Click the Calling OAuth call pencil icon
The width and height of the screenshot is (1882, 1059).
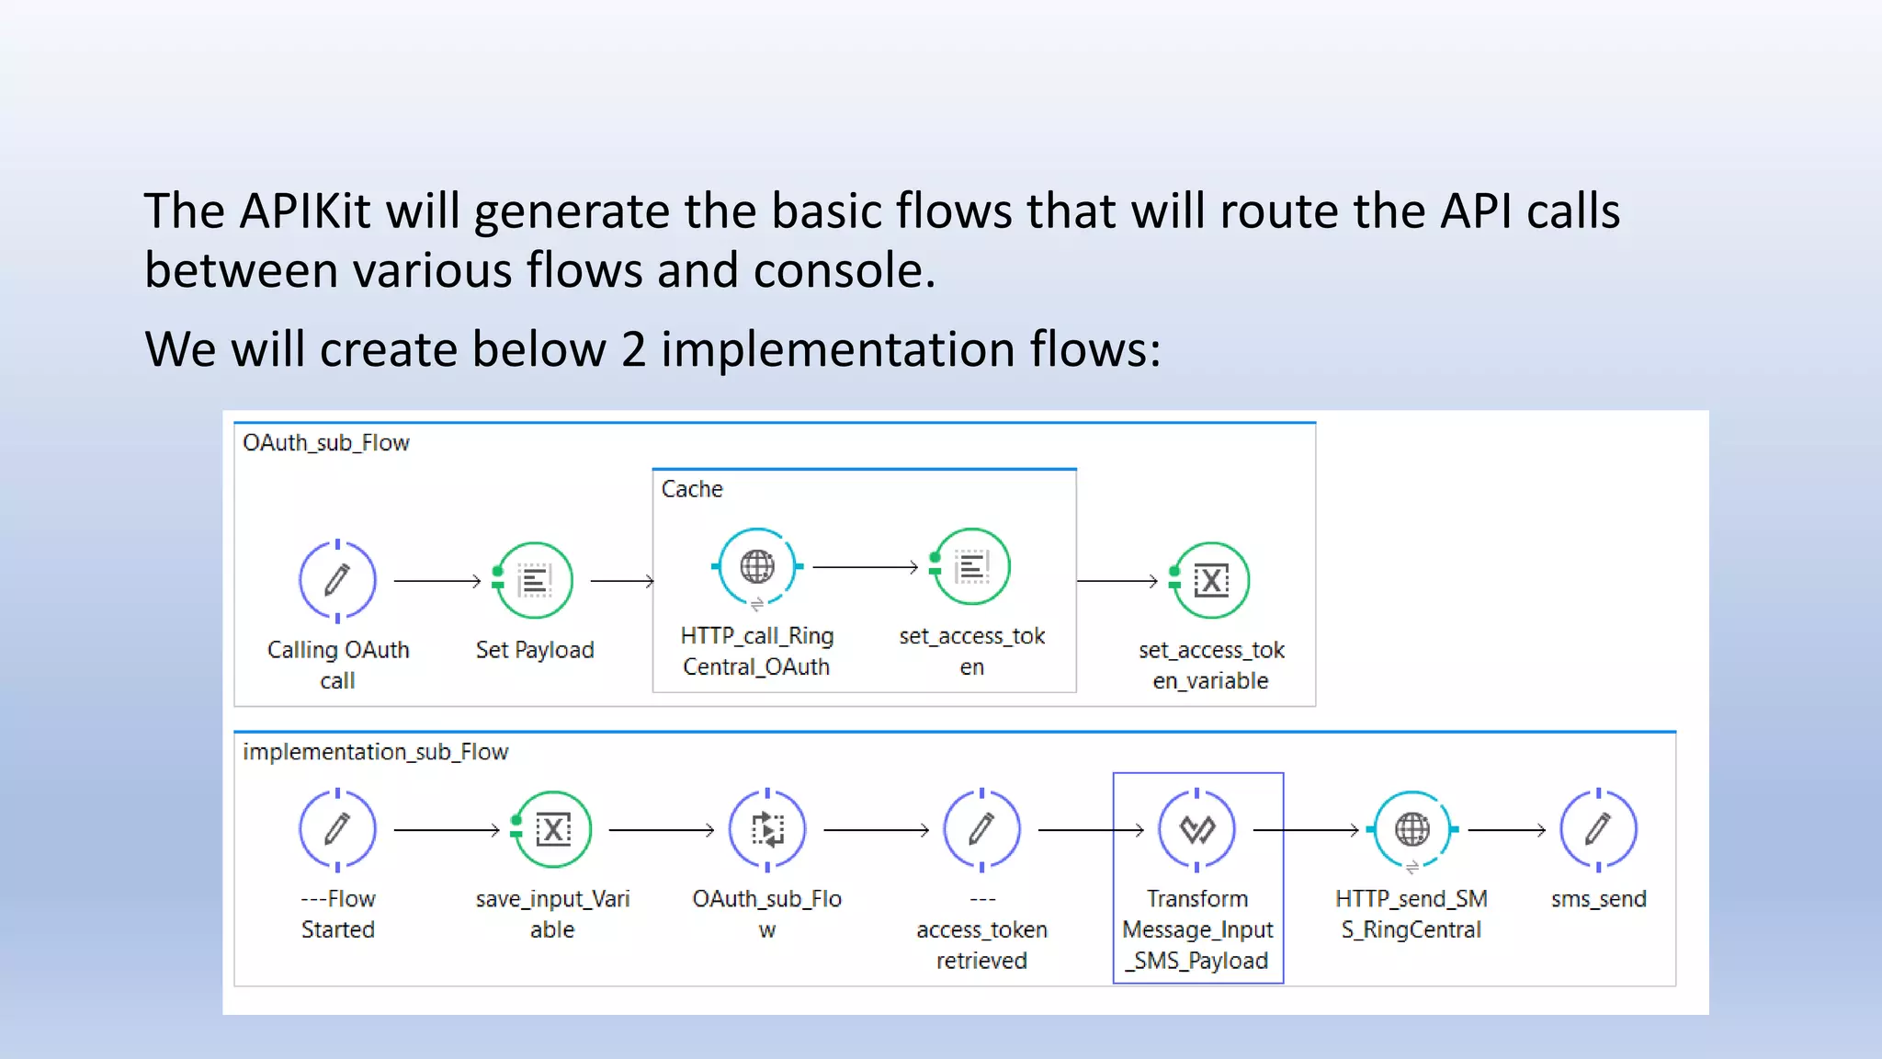tap(337, 580)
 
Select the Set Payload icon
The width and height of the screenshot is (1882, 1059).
tap(535, 580)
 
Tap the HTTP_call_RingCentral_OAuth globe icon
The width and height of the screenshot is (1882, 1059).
tap(757, 566)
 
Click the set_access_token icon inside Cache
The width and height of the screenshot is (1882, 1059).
tap(971, 566)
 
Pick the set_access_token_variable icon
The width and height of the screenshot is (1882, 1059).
tap(1211, 580)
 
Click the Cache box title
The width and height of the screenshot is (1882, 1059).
tap(692, 489)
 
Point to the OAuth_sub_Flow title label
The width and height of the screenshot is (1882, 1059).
tap(326, 443)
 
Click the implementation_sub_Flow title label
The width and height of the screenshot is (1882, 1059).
tap(375, 752)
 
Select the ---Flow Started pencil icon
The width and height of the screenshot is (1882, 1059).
tap(337, 829)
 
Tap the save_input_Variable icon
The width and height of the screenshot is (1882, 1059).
tap(552, 829)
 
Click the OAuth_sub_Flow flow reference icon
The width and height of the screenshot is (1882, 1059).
tap(767, 829)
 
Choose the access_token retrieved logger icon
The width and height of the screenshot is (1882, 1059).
tap(981, 829)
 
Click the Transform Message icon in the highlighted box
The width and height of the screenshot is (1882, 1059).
tap(1196, 829)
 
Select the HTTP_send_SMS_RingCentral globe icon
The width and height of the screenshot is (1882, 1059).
tap(1412, 829)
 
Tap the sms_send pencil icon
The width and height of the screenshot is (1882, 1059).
tap(1598, 829)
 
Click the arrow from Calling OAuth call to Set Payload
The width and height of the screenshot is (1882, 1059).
tap(436, 581)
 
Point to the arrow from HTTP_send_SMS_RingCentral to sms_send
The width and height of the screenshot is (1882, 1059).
tap(1507, 830)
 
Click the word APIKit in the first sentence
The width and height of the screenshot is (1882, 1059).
tap(305, 211)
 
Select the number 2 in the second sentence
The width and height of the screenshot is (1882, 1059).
tap(633, 350)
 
